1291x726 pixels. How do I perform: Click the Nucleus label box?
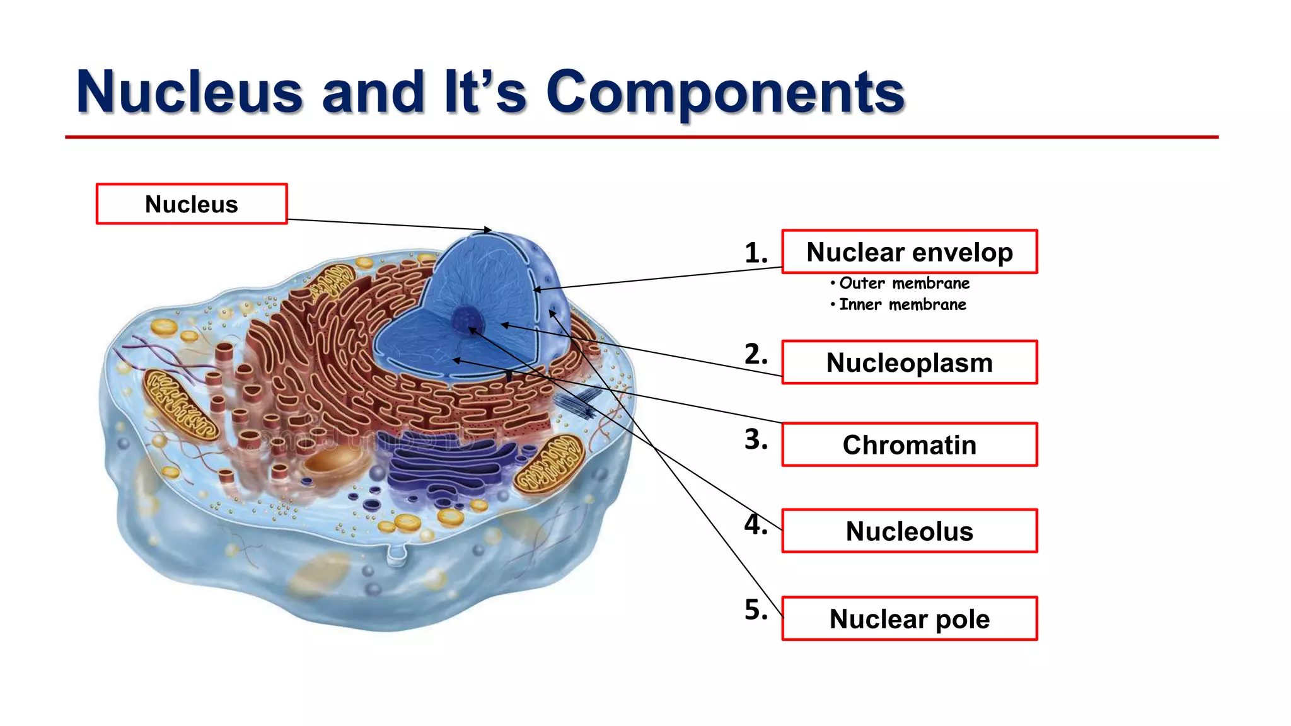tap(192, 204)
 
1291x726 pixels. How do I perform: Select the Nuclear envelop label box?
tap(909, 252)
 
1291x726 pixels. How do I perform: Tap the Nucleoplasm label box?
tap(909, 362)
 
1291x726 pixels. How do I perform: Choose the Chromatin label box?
tap(909, 445)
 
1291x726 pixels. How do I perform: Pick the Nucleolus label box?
tap(909, 531)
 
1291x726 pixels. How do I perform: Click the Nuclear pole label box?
tap(909, 619)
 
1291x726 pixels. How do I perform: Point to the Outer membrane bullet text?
tap(903, 284)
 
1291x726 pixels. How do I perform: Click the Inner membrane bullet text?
tap(901, 305)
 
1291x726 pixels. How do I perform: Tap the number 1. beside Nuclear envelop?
tap(756, 253)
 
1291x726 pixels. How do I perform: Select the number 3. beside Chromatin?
tap(756, 439)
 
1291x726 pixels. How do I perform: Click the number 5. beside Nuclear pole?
tap(756, 610)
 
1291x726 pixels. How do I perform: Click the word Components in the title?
tap(725, 93)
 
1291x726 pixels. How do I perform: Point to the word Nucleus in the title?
tap(189, 93)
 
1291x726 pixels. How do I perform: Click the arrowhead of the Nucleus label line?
tap(488, 230)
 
